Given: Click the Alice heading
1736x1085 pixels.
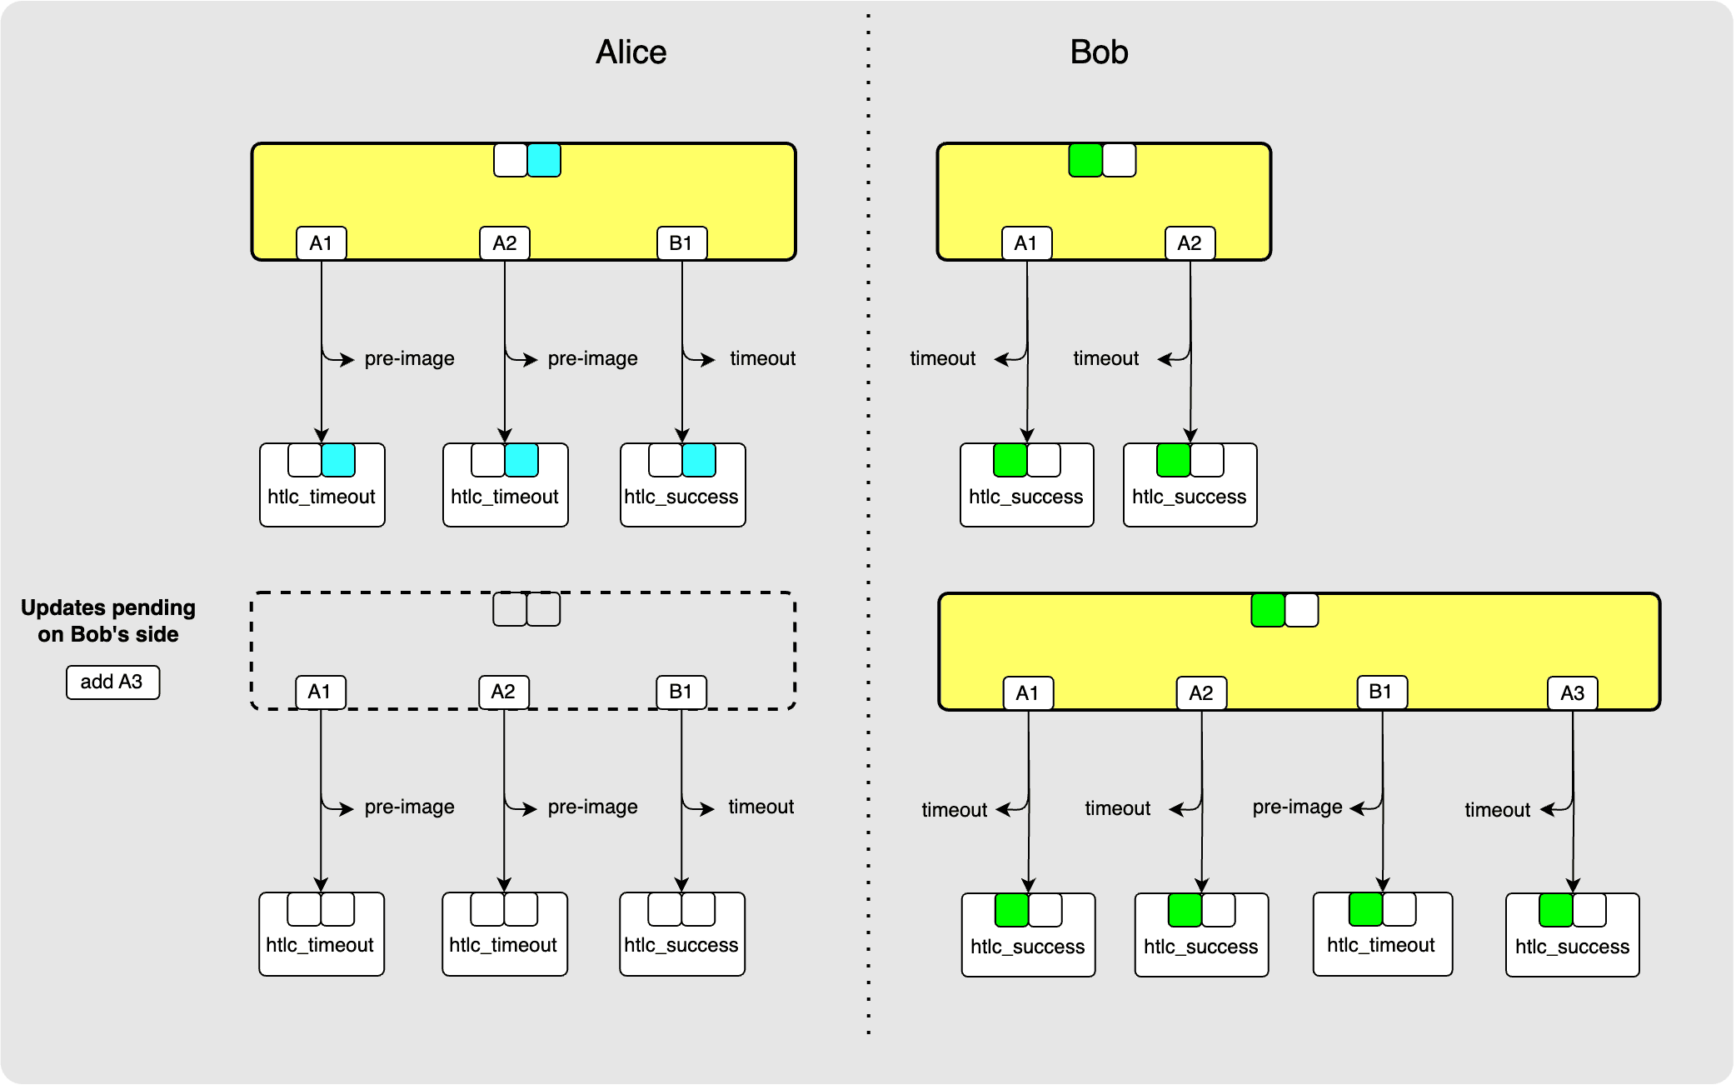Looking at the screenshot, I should [631, 52].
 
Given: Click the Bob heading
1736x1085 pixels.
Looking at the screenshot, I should [1099, 52].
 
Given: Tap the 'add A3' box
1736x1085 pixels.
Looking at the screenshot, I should [112, 682].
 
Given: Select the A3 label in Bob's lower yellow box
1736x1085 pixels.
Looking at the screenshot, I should [1572, 692].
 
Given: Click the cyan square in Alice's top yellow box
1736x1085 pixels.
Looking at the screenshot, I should [544, 160].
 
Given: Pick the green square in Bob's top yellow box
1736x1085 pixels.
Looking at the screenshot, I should [1085, 160].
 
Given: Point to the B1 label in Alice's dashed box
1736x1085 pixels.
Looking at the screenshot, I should [681, 692].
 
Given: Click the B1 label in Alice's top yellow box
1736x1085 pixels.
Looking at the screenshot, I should [681, 243].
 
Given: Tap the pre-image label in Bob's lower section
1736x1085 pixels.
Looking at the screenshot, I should [1297, 807].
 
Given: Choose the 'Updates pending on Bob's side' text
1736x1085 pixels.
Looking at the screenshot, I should [108, 621].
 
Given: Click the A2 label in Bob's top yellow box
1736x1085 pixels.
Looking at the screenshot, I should [1189, 243].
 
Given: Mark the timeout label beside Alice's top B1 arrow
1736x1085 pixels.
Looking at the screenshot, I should [762, 358].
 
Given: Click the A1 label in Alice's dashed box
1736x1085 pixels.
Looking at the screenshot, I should [320, 692].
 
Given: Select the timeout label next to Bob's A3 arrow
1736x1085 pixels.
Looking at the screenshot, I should [1497, 810].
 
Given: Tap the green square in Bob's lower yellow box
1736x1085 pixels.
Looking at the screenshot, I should [1268, 610].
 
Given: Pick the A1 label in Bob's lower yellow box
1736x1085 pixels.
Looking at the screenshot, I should [1027, 692].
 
